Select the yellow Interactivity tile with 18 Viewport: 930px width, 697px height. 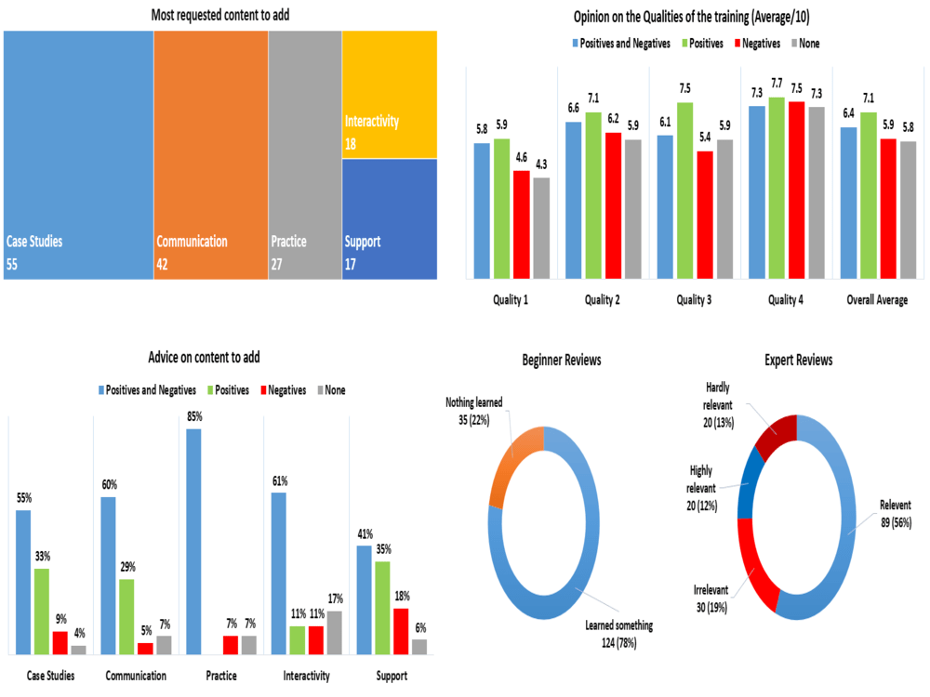[x=389, y=93]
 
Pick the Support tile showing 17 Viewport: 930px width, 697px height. [x=389, y=218]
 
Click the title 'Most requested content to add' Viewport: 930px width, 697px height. [x=219, y=14]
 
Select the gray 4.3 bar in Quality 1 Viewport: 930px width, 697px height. [x=541, y=228]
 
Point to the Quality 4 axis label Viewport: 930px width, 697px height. [x=790, y=300]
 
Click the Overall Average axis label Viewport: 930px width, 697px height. [x=878, y=300]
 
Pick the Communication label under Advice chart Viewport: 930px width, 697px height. [x=136, y=676]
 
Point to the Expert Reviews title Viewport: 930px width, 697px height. [x=798, y=360]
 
